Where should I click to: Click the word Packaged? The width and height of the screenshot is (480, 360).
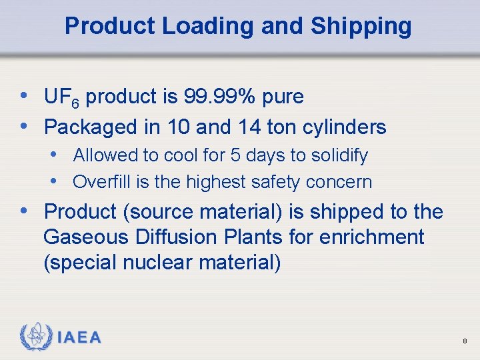(85, 127)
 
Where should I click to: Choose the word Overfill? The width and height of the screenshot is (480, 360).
(98, 181)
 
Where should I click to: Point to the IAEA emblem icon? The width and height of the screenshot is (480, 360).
(35, 337)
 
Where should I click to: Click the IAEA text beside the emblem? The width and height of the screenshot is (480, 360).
(79, 338)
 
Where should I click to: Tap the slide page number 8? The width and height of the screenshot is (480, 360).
(464, 341)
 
